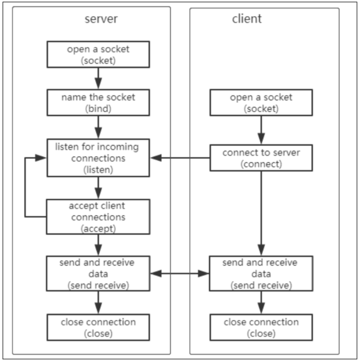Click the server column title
point(101,19)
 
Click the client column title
point(246,19)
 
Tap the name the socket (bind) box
point(98,102)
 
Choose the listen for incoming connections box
point(98,158)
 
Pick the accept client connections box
point(98,216)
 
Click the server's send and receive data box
point(98,274)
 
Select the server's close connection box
point(98,327)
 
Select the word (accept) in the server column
point(98,227)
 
